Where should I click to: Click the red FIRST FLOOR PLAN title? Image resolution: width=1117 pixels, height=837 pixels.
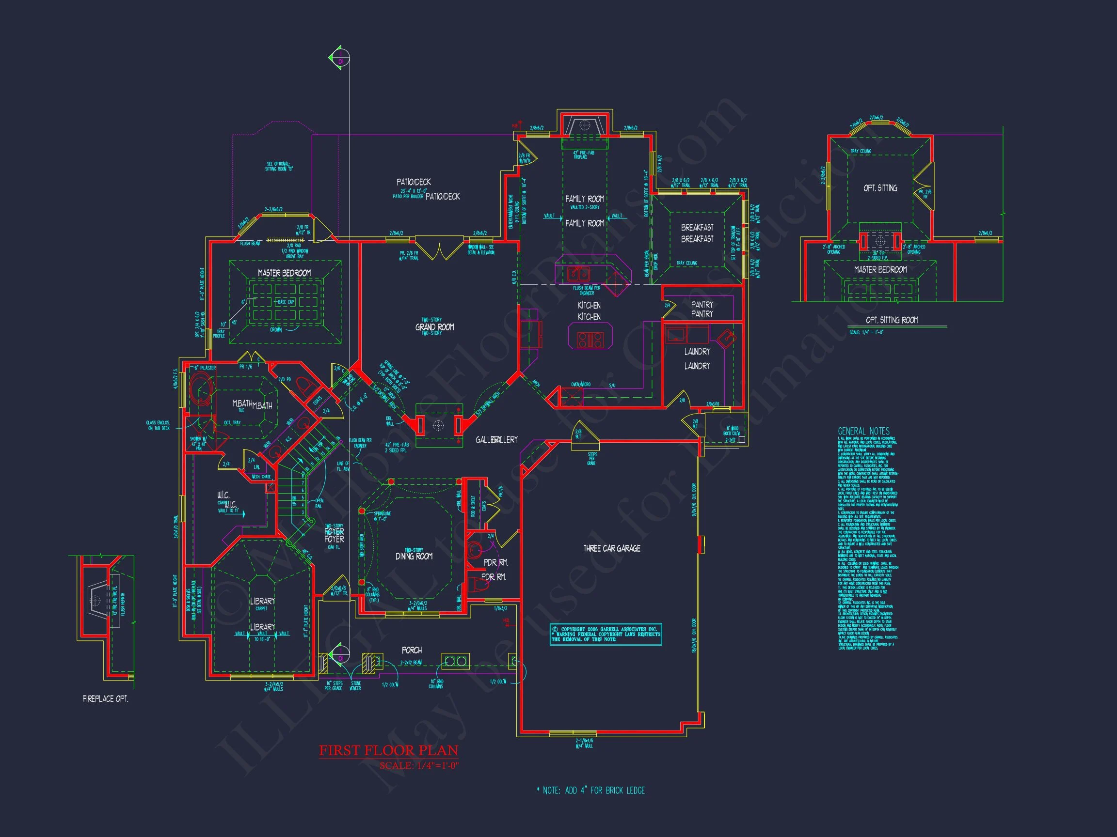388,750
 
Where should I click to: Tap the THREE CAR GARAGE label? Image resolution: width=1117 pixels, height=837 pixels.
611,548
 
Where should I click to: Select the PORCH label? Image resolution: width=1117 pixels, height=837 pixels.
412,651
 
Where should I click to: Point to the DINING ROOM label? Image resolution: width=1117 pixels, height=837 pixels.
414,556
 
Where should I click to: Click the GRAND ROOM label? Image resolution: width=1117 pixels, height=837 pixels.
434,327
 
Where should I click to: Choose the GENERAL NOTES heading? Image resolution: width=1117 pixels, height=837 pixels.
863,431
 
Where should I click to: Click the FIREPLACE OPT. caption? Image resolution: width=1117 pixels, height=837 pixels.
106,699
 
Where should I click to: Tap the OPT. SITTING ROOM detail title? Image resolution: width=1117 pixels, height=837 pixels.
892,320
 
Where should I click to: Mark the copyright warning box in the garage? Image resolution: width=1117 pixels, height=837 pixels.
606,634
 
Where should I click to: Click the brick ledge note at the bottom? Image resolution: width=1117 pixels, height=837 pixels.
590,790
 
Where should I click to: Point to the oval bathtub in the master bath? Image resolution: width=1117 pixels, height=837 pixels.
201,393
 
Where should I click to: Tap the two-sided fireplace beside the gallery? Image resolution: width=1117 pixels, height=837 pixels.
438,425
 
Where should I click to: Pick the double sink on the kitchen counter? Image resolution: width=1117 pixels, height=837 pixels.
578,274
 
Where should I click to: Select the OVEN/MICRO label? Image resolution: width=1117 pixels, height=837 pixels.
580,385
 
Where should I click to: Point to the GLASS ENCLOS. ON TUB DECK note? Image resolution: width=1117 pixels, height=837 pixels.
158,425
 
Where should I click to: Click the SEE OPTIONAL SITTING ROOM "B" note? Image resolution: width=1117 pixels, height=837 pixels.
278,167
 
